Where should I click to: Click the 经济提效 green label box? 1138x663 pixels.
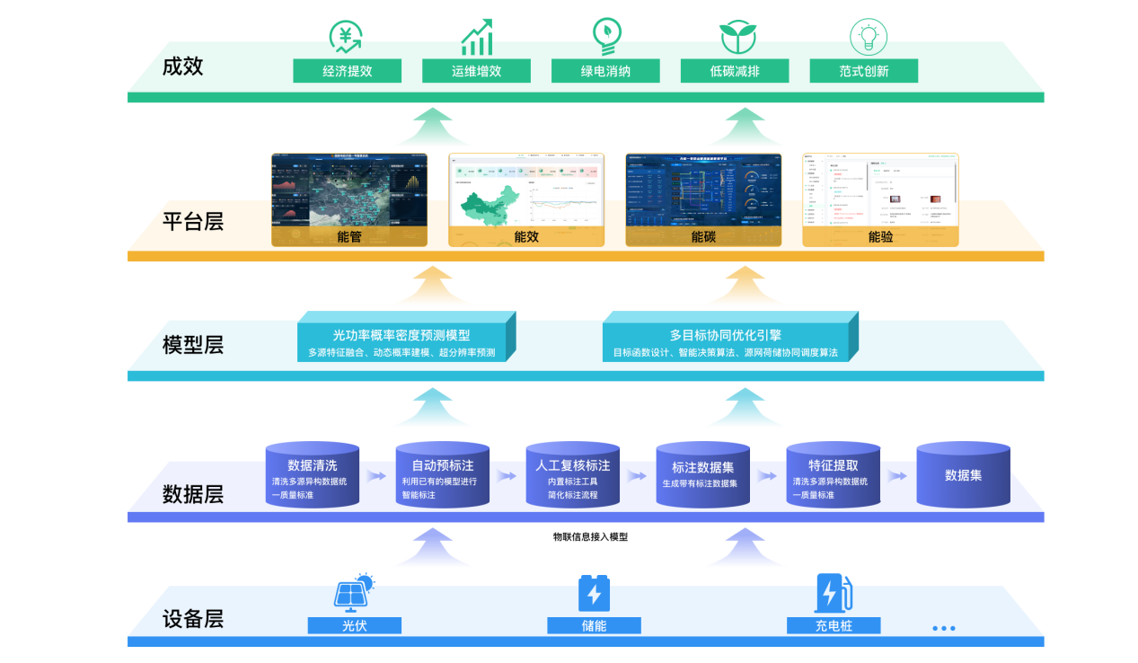point(347,71)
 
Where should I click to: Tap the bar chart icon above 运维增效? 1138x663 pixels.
point(476,38)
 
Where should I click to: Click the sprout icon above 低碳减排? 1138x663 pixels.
point(737,37)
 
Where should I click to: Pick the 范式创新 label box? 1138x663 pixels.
point(863,71)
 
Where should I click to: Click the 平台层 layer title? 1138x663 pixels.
point(193,221)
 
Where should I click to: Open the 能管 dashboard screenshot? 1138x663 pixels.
point(349,190)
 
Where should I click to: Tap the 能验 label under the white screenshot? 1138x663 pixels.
point(881,237)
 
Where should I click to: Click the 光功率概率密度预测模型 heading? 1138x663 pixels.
point(401,335)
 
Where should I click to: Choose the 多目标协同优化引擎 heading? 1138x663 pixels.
point(725,335)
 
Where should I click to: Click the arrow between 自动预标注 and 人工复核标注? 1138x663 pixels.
point(507,476)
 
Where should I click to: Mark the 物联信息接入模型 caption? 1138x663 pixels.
point(590,537)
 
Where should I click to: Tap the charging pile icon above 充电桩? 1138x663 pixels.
point(833,593)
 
